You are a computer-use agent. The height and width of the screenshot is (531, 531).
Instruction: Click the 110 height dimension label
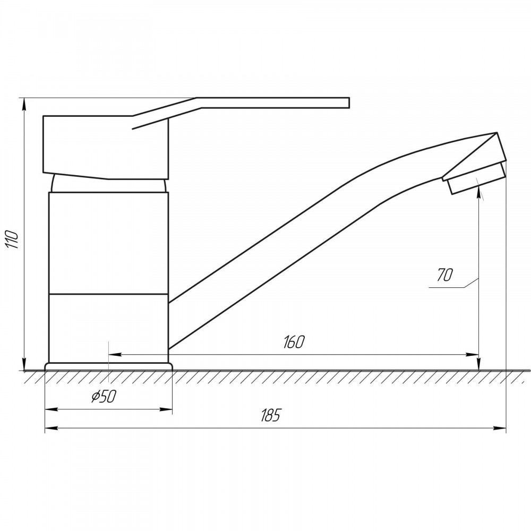(x=13, y=239)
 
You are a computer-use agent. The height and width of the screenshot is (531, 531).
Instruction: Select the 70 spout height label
(x=444, y=275)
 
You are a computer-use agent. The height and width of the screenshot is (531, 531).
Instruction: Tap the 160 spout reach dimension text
(x=294, y=342)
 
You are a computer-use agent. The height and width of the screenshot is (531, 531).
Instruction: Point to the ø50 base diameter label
(x=104, y=396)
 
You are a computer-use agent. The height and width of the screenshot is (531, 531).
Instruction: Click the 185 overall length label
(x=271, y=415)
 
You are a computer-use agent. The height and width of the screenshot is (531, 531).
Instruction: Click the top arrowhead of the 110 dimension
(x=24, y=104)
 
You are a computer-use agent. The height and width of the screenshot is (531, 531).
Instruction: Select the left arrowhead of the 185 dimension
(x=51, y=429)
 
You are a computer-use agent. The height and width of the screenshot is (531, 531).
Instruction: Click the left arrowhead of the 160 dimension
(x=115, y=355)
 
